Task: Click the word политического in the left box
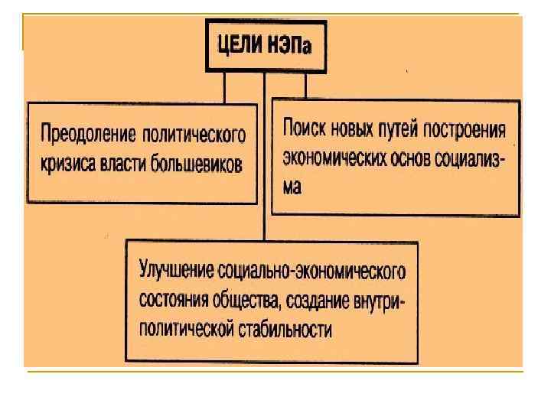194,137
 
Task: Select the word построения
470,127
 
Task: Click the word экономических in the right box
336,157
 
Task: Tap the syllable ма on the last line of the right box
292,187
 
